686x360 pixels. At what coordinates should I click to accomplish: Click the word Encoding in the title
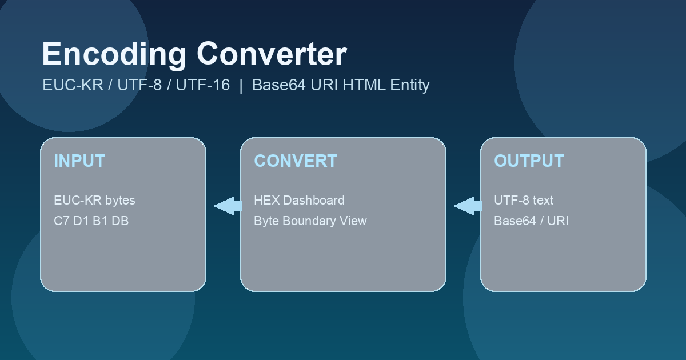click(x=114, y=55)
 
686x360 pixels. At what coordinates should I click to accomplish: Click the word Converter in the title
click(x=272, y=54)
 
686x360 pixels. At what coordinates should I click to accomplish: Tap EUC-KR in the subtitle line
click(x=73, y=85)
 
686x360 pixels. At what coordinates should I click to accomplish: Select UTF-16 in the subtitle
click(x=203, y=85)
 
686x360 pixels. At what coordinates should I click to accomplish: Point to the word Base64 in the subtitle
click(x=279, y=85)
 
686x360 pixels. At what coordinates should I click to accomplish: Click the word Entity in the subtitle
click(x=410, y=85)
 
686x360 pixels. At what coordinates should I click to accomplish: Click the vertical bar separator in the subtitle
click(x=241, y=85)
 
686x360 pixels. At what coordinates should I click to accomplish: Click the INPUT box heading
click(x=79, y=161)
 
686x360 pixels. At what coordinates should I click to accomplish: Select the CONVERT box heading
click(x=296, y=161)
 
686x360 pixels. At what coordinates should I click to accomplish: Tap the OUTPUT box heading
click(x=529, y=161)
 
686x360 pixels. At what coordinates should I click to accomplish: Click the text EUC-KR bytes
click(x=94, y=201)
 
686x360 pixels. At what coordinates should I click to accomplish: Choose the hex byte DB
click(x=120, y=221)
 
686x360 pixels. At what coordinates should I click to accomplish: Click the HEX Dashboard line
click(x=299, y=201)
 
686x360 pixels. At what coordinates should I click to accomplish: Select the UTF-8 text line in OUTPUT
click(x=524, y=201)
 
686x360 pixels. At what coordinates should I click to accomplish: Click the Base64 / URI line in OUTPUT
click(x=531, y=221)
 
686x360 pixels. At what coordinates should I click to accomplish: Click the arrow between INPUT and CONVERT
click(x=228, y=206)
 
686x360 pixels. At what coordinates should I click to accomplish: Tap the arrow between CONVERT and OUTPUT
click(x=468, y=206)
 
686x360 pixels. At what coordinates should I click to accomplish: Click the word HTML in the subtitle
click(x=364, y=85)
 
